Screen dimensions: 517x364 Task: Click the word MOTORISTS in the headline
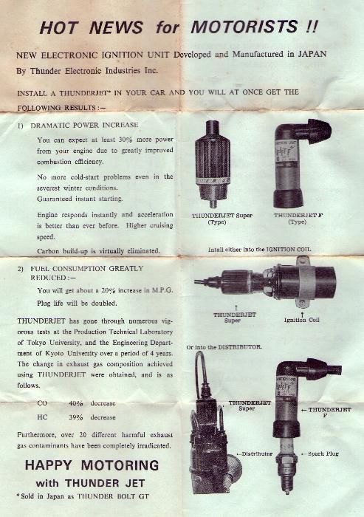click(255, 28)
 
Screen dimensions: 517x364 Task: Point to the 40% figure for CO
click(75, 404)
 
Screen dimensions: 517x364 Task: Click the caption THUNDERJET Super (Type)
click(222, 219)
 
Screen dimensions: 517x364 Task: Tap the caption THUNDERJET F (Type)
click(298, 219)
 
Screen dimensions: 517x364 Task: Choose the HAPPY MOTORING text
click(92, 465)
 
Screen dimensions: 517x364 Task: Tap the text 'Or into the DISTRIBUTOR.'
click(224, 346)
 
